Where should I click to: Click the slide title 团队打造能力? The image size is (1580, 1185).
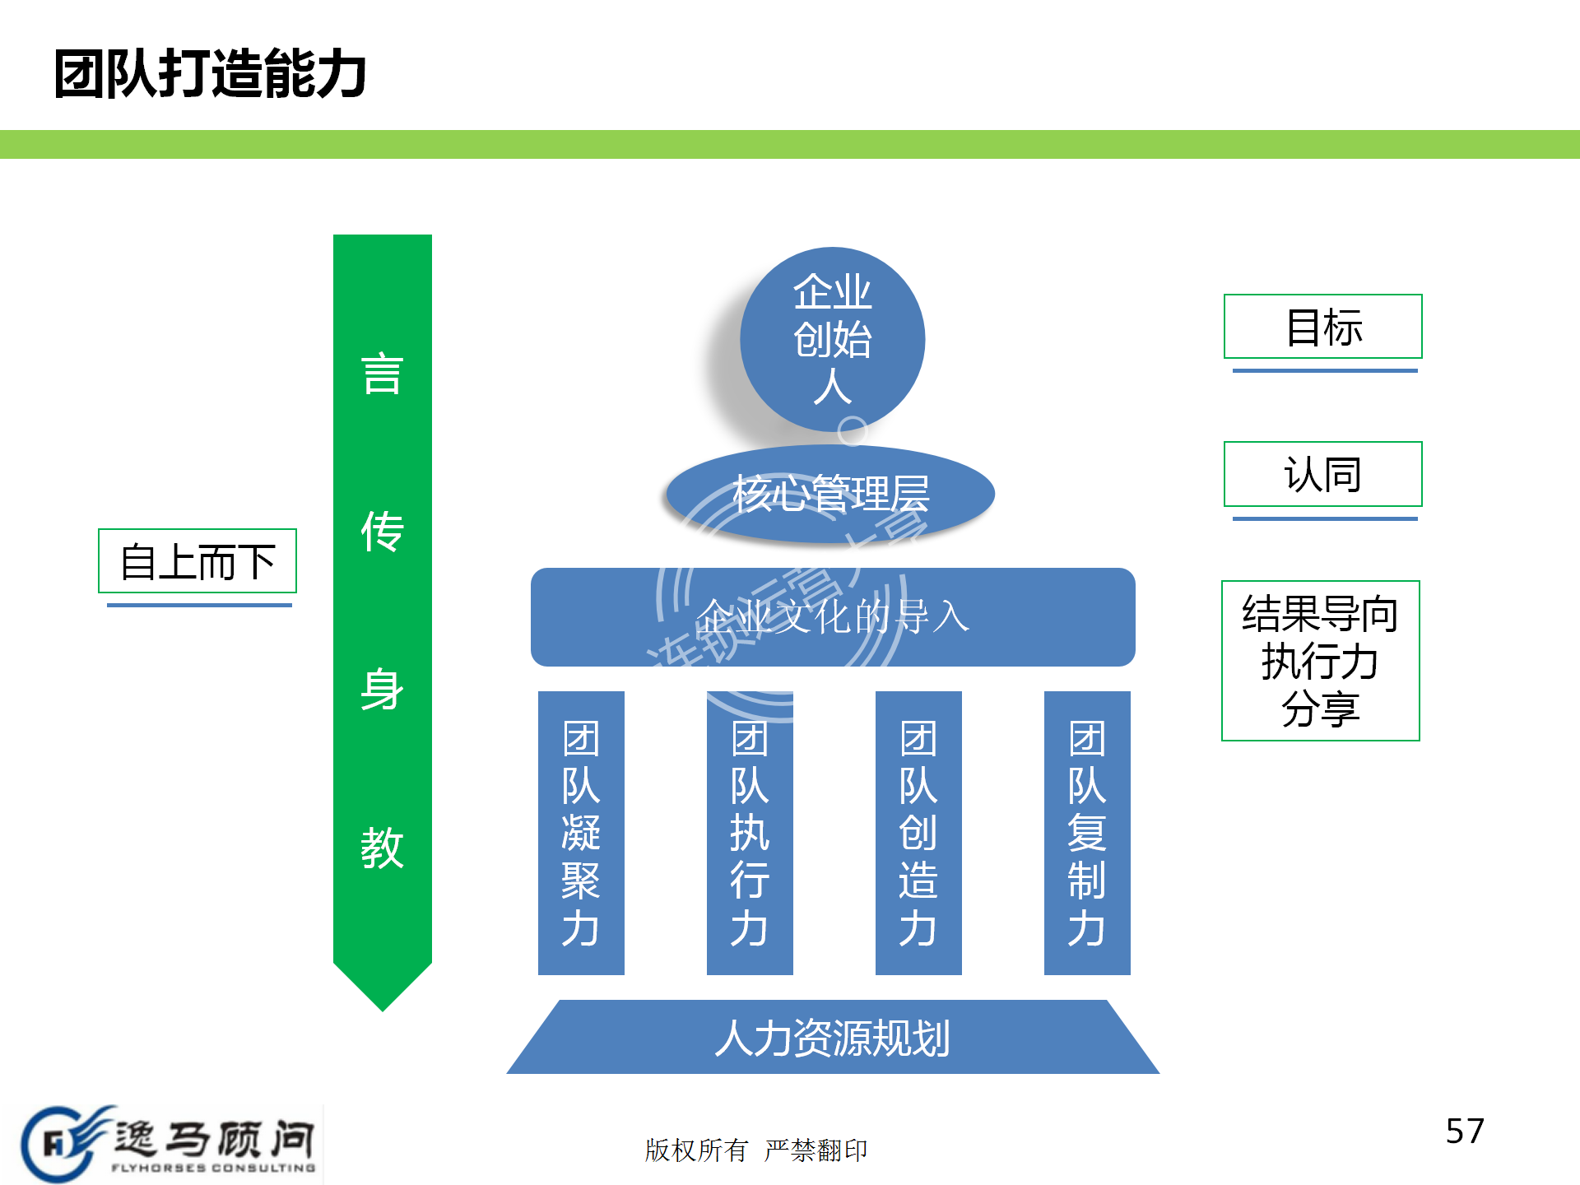tap(210, 74)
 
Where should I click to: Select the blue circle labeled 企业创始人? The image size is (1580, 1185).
tap(832, 339)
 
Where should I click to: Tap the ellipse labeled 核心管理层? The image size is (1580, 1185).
tap(830, 494)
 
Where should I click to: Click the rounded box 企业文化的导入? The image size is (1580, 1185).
tap(832, 617)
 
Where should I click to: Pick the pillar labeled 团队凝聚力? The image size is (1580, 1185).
tap(581, 833)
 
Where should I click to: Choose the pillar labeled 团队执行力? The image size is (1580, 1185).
tap(750, 833)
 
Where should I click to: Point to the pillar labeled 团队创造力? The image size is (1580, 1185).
tap(918, 833)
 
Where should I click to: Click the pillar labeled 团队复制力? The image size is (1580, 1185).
tap(1087, 833)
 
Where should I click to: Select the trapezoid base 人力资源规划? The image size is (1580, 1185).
tap(832, 1038)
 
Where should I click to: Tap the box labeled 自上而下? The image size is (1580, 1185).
tap(197, 561)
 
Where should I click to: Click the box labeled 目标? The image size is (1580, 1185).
tap(1322, 327)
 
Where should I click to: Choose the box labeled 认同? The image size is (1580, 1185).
tap(1322, 474)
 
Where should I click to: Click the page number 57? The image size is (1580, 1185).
tap(1465, 1132)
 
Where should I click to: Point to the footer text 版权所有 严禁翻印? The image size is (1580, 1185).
tap(755, 1150)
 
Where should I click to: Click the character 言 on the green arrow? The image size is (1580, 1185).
tap(382, 374)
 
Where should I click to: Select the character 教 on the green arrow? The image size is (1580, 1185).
tap(382, 848)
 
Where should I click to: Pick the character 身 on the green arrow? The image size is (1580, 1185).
tap(382, 690)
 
